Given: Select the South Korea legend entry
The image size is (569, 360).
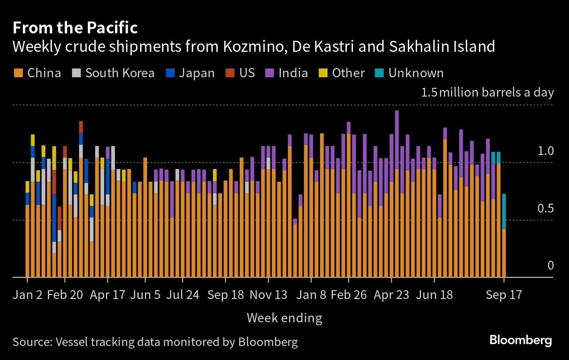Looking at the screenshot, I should [x=114, y=73].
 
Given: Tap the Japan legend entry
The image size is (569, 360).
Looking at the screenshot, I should [x=191, y=73].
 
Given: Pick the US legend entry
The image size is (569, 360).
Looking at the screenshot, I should [x=241, y=73].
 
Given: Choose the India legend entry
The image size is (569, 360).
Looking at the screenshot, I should [x=288, y=73].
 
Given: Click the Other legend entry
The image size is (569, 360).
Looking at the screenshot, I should [x=343, y=73].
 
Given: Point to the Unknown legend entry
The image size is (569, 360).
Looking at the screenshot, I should [x=410, y=73].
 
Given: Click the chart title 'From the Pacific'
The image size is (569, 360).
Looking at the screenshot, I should [x=75, y=28].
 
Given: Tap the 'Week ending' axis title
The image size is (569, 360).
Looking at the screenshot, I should [x=284, y=317].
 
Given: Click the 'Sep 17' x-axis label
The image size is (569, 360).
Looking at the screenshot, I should [x=504, y=295].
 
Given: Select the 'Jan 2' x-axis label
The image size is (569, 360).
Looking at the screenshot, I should [x=28, y=295].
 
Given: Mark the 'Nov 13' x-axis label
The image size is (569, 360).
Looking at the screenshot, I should [x=268, y=295].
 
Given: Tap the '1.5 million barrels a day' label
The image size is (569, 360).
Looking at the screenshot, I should [x=487, y=93].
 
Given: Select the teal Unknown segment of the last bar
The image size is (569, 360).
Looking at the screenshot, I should [x=504, y=211].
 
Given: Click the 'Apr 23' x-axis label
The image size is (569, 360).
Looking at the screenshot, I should [x=391, y=295].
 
